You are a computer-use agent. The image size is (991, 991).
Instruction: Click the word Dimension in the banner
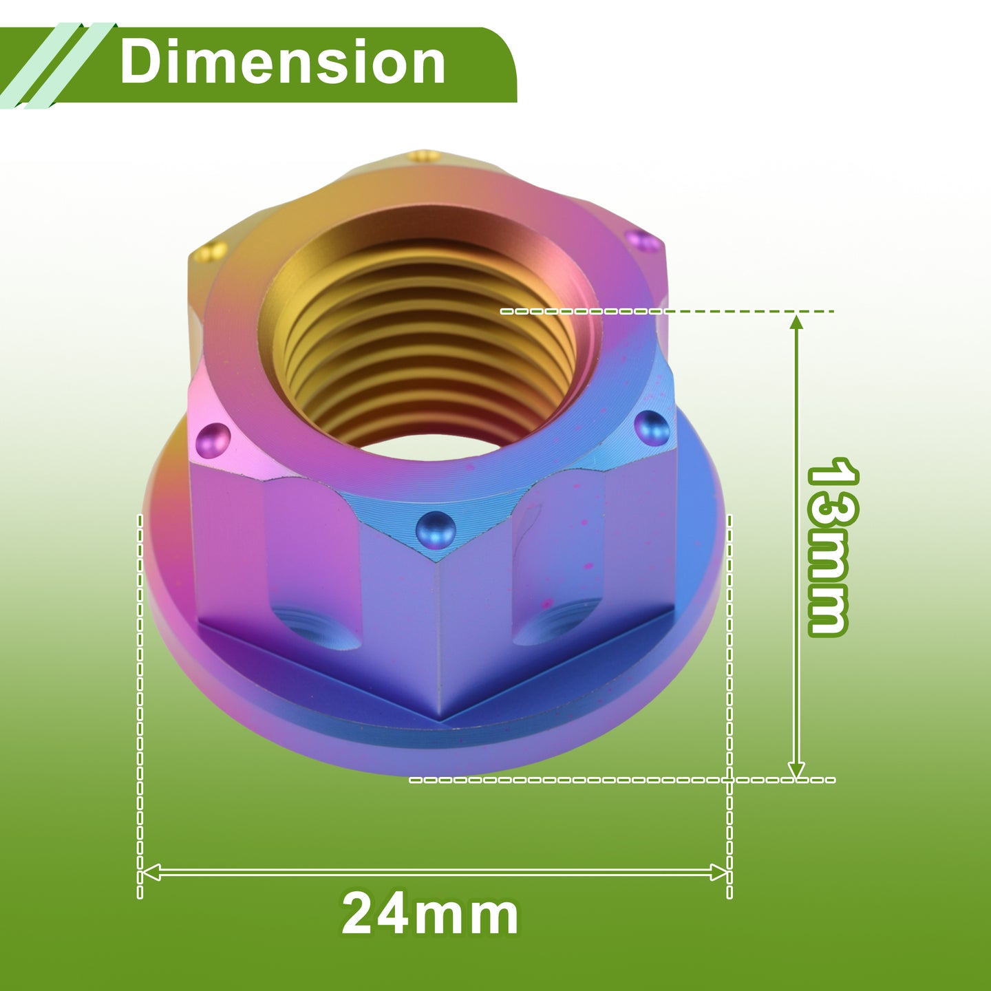tap(282, 62)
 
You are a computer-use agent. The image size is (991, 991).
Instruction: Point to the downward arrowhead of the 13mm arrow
tap(796, 769)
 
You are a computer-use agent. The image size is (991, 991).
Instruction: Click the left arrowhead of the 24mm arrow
tap(151, 872)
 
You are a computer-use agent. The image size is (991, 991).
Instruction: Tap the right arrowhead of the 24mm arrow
tap(718, 872)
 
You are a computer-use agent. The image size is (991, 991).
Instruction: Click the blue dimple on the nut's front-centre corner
tap(436, 530)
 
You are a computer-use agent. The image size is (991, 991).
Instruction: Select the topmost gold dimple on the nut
tap(424, 156)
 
